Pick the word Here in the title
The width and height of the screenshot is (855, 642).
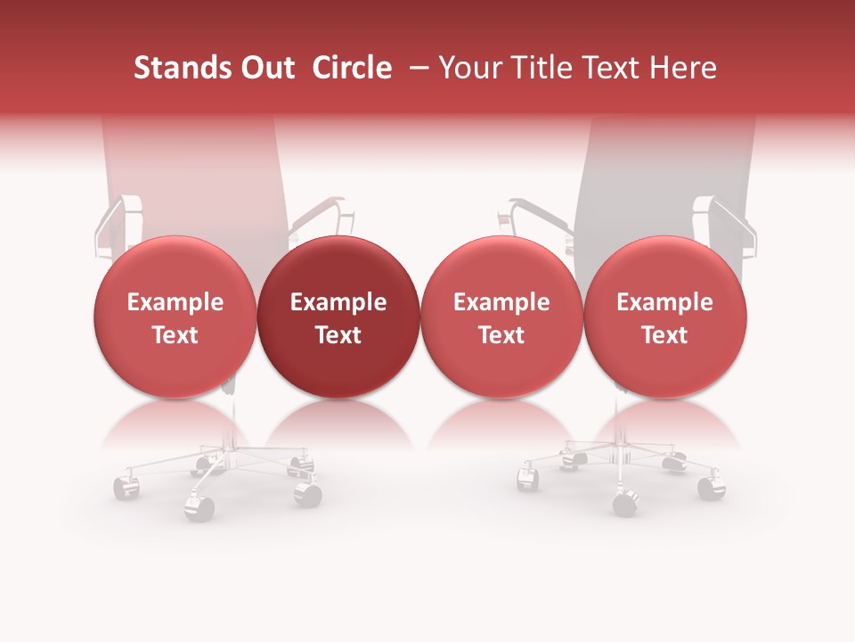(x=683, y=68)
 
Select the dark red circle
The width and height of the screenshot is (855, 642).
(x=338, y=317)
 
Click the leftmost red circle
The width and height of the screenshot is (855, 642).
(x=175, y=317)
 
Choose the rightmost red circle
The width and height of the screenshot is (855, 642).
(x=664, y=317)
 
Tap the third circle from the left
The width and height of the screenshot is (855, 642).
(x=501, y=317)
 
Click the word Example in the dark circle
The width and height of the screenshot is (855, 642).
(x=338, y=302)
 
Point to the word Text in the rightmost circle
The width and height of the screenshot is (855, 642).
(x=664, y=334)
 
